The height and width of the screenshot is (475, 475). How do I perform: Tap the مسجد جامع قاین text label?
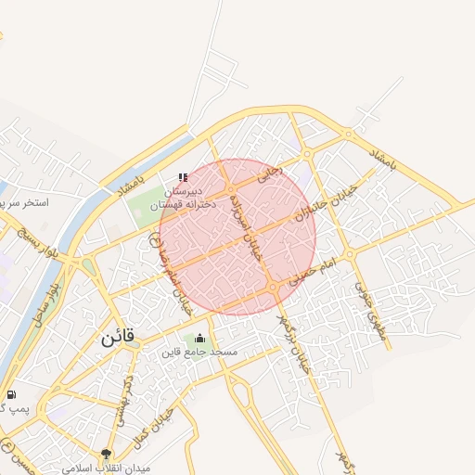[200, 353]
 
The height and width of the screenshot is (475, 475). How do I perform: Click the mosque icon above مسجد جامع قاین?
[200, 338]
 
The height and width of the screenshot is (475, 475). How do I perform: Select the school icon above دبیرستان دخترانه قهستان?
[182, 176]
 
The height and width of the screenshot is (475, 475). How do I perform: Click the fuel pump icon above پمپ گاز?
[11, 394]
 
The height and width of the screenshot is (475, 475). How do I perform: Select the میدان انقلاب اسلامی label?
[106, 469]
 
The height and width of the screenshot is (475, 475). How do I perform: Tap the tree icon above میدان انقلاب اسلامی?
[106, 454]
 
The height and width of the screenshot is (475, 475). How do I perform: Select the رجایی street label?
[269, 173]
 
